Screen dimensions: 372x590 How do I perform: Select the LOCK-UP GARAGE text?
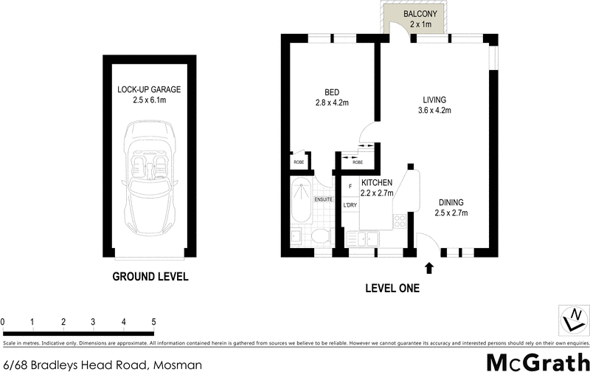pyautogui.click(x=149, y=89)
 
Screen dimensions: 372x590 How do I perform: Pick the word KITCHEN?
pyautogui.click(x=376, y=182)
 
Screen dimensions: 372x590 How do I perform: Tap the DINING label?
pyautogui.click(x=451, y=202)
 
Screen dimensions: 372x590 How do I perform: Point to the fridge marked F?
pyautogui.click(x=350, y=186)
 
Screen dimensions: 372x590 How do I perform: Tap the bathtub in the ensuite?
pyautogui.click(x=301, y=200)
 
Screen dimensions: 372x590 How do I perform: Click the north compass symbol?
pyautogui.click(x=571, y=319)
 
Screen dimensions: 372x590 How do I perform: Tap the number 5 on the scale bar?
pyautogui.click(x=153, y=322)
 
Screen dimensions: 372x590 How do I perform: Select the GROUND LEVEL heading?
pyautogui.click(x=150, y=278)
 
